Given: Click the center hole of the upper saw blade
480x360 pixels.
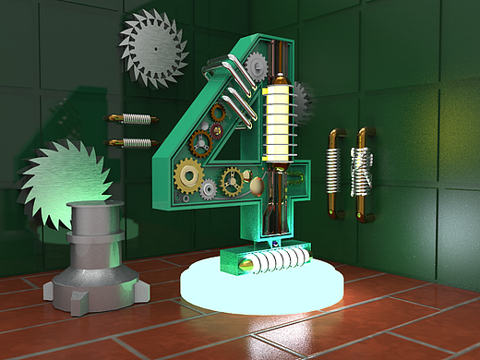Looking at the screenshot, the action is tap(156, 48).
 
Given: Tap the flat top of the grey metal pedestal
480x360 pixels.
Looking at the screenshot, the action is tap(95, 205).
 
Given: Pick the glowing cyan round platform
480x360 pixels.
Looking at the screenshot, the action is tap(261, 289).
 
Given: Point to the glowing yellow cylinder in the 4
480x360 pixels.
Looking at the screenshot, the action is tap(278, 123).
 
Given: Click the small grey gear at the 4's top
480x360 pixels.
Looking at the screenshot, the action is tap(257, 66).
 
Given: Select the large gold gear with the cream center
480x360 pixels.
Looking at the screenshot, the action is tap(189, 176).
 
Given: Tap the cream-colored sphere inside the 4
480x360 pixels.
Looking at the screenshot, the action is tap(258, 186).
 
